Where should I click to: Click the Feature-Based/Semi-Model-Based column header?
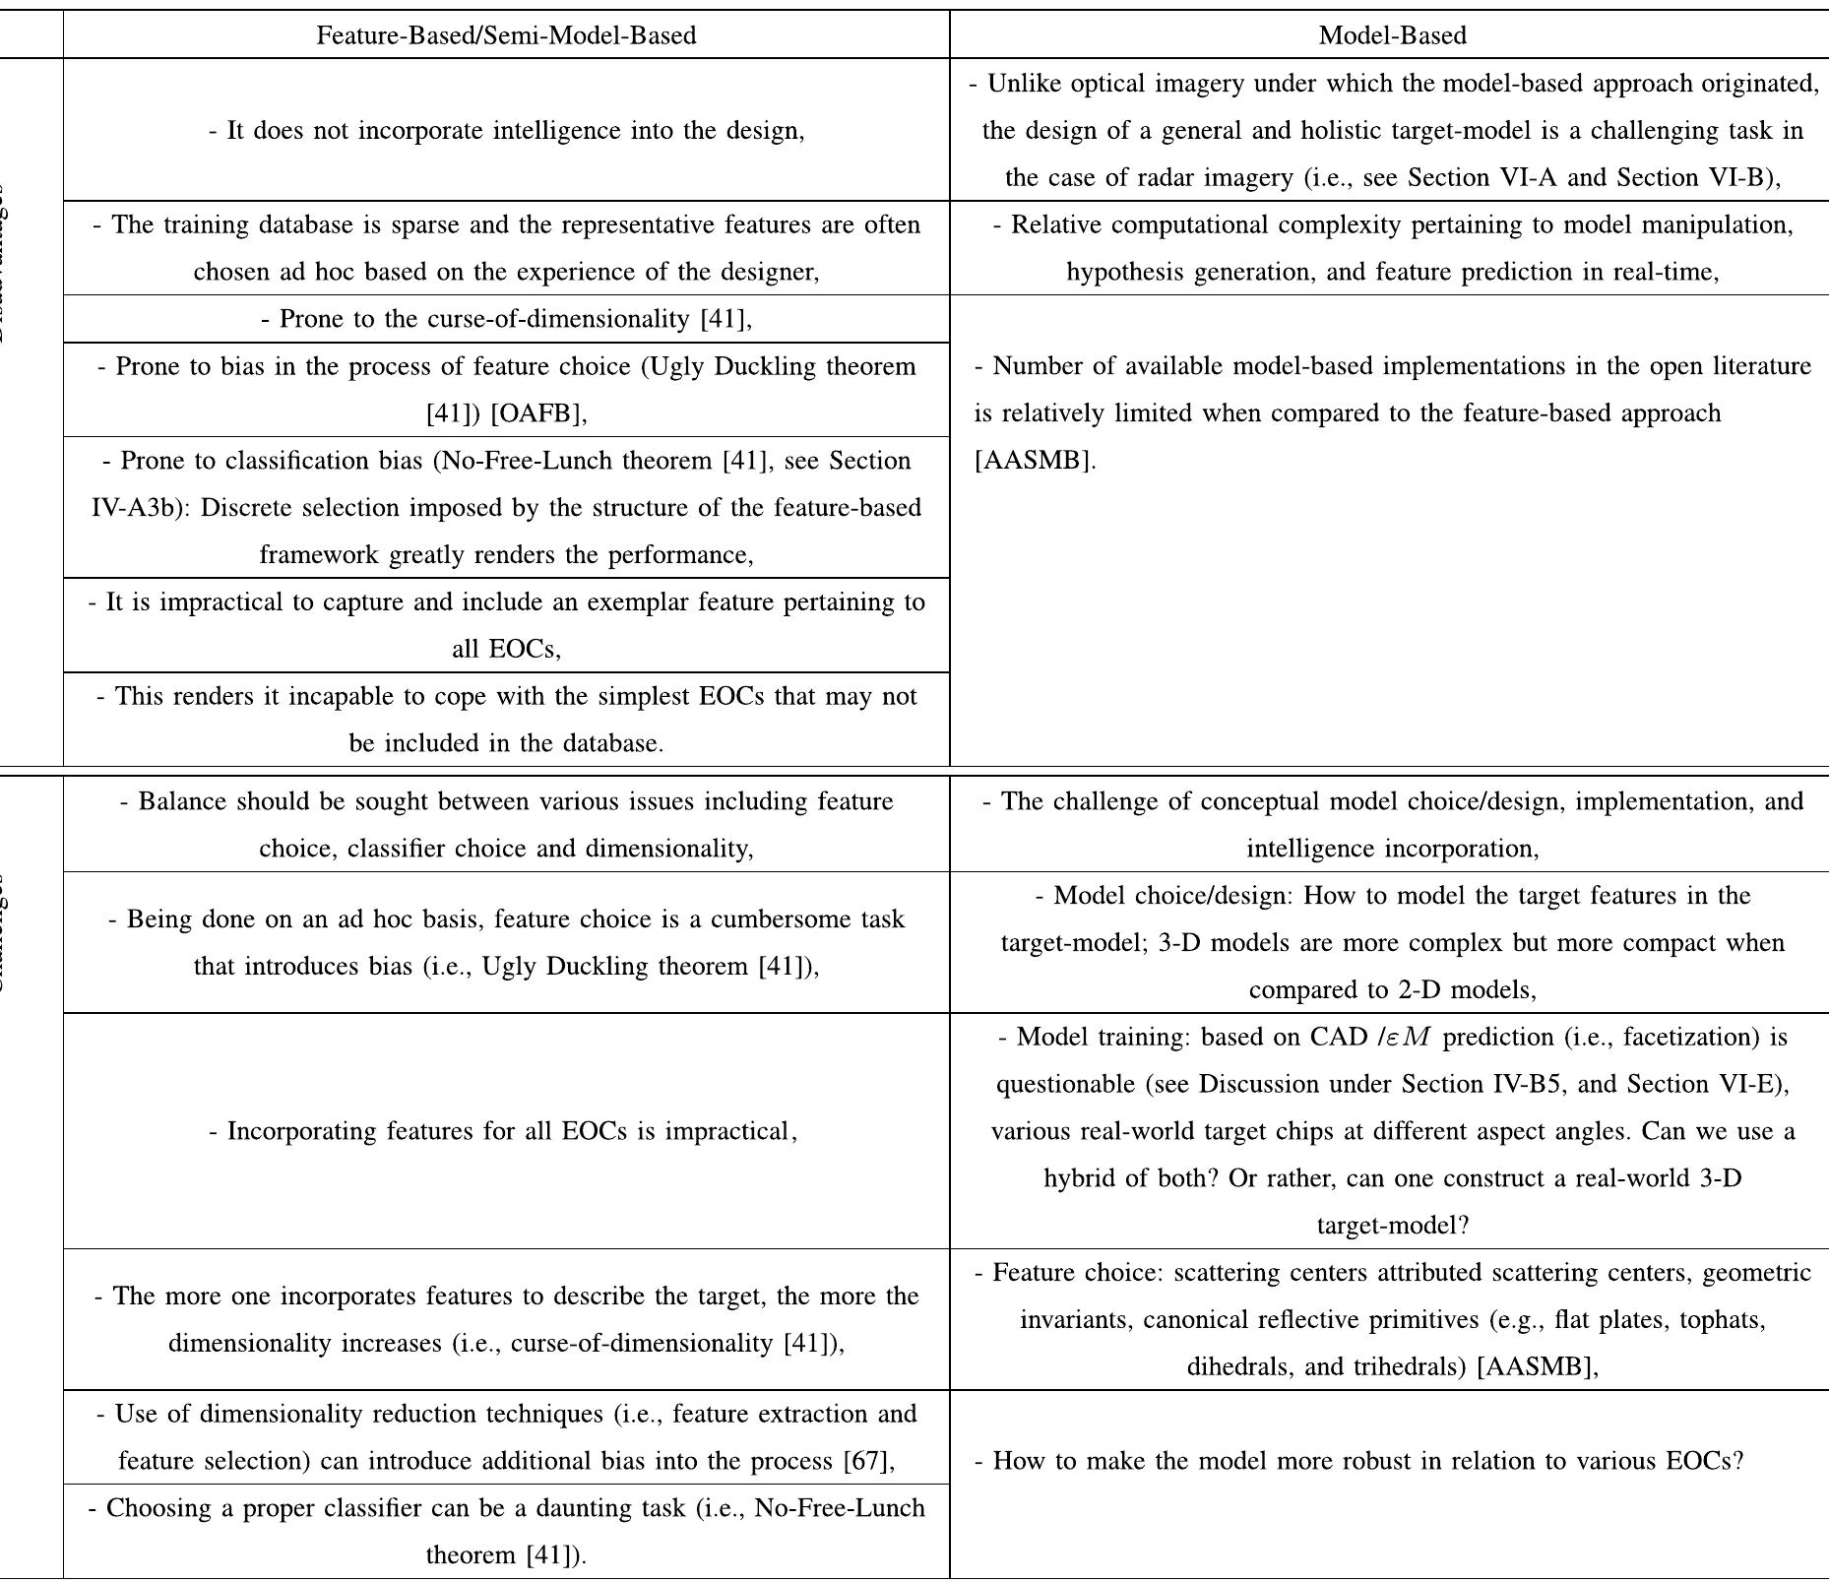506,35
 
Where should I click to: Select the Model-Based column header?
1392,35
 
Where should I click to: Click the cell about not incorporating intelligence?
506,131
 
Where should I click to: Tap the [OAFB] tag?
536,413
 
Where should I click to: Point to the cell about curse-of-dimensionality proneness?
506,319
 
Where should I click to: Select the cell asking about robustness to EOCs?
1358,1461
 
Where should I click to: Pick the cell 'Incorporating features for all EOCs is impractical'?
502,1131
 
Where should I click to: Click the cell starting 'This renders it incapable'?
506,720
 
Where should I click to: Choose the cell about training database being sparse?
506,248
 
